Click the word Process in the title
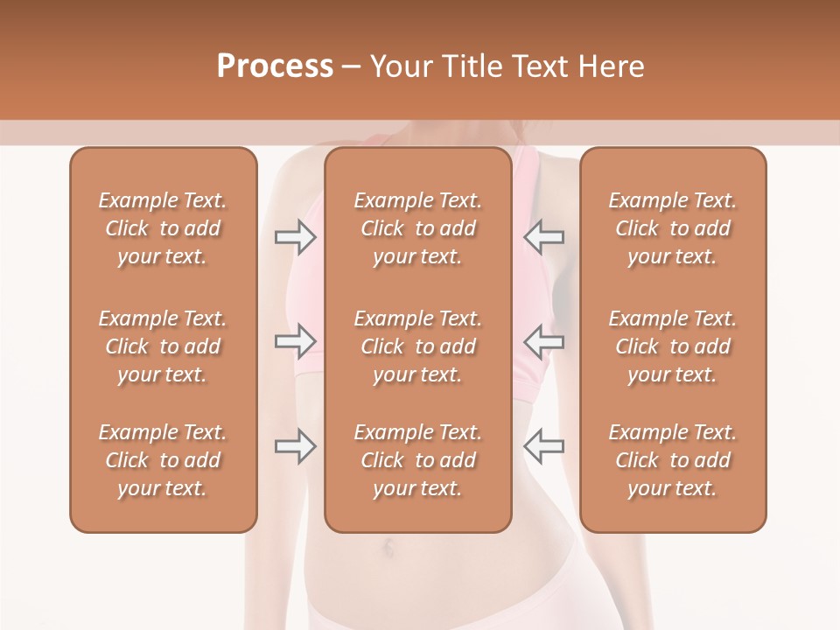tap(275, 66)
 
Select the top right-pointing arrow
tap(295, 236)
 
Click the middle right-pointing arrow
tap(295, 341)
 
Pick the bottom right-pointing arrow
tap(295, 446)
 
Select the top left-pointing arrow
tap(543, 236)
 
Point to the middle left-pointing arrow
tap(543, 341)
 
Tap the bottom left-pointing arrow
tap(543, 446)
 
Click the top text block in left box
tap(163, 228)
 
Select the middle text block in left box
tap(163, 346)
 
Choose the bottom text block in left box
tap(163, 460)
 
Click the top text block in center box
tap(417, 228)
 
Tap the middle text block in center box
tap(417, 346)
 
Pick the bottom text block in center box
tap(417, 460)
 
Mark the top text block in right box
tap(672, 228)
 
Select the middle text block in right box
tap(672, 346)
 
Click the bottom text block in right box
tap(672, 460)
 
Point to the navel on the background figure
tap(388, 549)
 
